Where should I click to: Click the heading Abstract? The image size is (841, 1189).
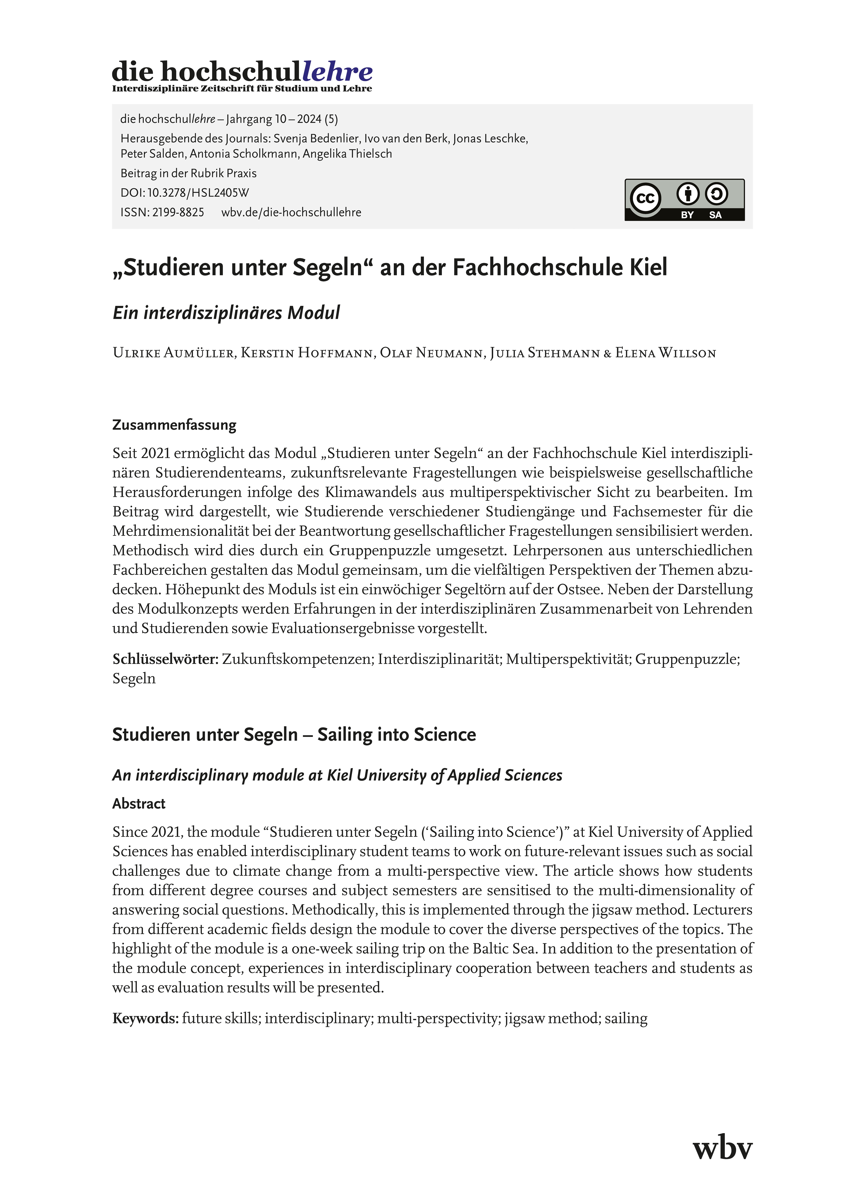(139, 804)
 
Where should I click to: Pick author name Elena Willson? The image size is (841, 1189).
(665, 353)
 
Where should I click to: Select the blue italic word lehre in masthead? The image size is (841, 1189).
(337, 72)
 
